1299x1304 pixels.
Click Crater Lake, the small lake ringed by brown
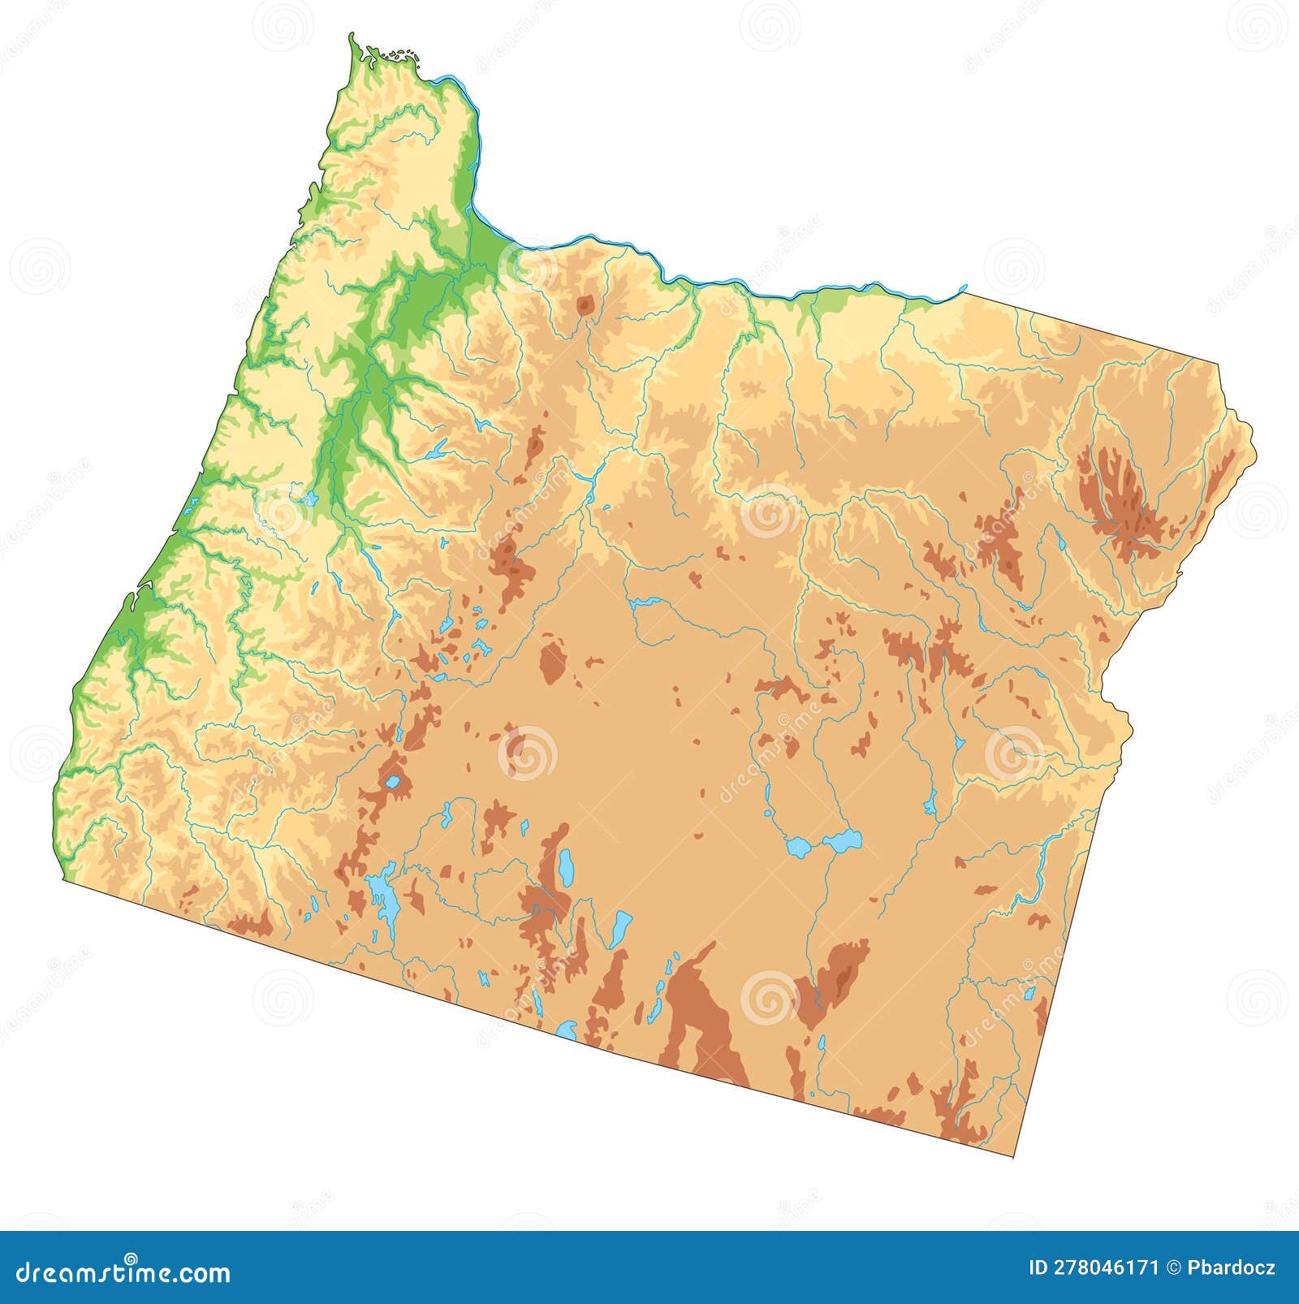(x=393, y=783)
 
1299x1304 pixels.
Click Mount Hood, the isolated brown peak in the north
(x=585, y=306)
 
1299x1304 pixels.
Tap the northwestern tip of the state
(x=352, y=37)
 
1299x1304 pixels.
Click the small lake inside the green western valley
(x=309, y=498)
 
